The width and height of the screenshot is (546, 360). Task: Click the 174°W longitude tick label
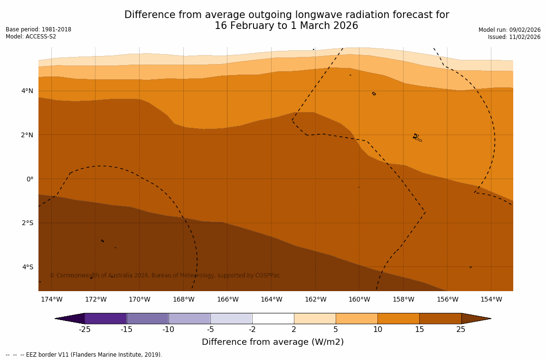click(51, 299)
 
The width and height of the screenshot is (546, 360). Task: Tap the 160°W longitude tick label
click(359, 299)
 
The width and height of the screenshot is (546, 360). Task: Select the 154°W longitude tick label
click(491, 299)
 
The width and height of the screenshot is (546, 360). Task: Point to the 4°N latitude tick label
click(28, 91)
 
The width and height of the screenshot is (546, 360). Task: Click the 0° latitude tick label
click(30, 179)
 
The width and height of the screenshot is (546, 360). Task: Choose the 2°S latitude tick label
click(28, 223)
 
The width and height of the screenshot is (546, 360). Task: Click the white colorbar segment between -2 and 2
click(273, 318)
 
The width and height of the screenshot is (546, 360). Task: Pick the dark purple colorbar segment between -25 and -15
click(105, 318)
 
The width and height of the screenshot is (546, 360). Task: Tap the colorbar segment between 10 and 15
click(398, 318)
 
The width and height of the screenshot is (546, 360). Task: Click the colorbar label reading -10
click(168, 330)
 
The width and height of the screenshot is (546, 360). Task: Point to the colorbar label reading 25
click(461, 330)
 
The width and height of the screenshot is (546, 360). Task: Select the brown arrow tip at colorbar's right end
click(476, 318)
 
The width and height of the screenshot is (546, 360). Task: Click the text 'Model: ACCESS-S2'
click(31, 37)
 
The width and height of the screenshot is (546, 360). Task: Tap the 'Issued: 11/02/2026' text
click(514, 37)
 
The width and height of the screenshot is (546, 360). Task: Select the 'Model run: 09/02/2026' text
click(509, 30)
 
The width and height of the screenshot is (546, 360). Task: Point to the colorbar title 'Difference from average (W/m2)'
click(273, 342)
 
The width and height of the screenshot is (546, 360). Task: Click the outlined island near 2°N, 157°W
click(417, 138)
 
